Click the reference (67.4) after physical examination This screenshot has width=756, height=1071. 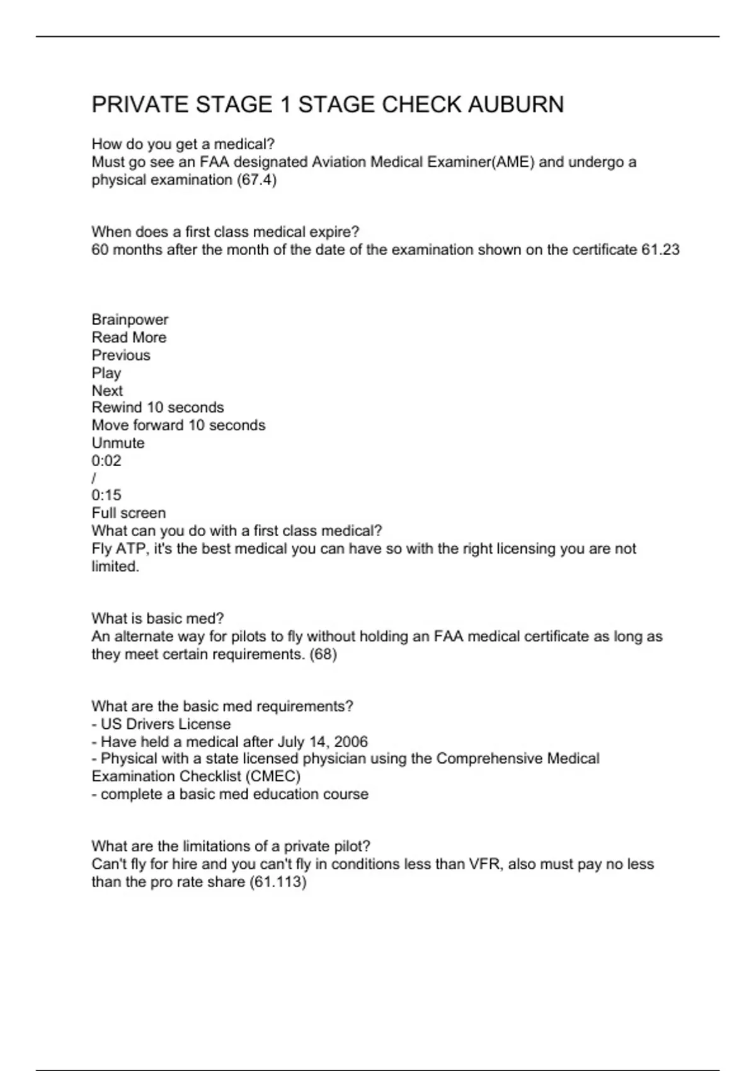(256, 180)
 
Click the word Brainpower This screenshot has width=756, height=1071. (130, 320)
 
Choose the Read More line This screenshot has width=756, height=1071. (129, 338)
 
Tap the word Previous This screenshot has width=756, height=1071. (121, 355)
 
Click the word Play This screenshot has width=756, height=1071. (106, 373)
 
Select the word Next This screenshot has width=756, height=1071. (107, 391)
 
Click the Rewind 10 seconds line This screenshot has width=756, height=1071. (157, 408)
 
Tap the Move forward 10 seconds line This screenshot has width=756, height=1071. (178, 425)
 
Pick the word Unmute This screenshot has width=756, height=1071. (118, 443)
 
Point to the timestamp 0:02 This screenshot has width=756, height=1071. (106, 461)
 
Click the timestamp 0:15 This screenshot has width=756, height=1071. (106, 495)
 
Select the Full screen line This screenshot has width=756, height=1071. (129, 513)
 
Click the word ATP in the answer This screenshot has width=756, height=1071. (130, 549)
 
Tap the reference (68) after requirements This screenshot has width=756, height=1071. (323, 655)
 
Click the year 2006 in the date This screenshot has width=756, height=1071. (351, 742)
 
